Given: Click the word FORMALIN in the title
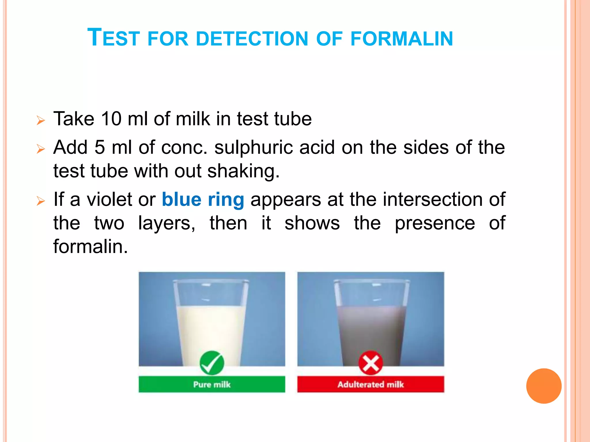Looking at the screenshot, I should click(402, 39).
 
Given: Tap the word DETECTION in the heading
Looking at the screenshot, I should click(252, 39).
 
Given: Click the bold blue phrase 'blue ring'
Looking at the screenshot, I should click(203, 200).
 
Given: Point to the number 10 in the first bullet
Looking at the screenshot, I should click(111, 119).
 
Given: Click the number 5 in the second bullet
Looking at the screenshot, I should click(100, 147).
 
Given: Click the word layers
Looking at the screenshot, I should click(166, 223).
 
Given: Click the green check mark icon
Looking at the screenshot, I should click(212, 363).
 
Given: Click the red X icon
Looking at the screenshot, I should click(370, 363).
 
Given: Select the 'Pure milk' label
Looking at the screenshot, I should click(212, 384).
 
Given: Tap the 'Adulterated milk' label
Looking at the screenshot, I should click(370, 384).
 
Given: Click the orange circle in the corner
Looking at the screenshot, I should click(544, 386).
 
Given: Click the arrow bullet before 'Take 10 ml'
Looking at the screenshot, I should click(41, 120).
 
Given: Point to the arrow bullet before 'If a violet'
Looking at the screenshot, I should click(41, 201).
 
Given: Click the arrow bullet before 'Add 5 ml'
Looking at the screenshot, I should click(41, 149).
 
